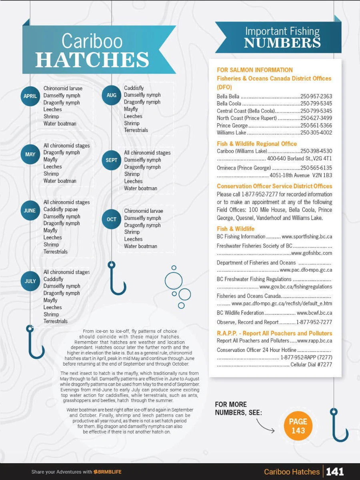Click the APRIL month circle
pos(30,96)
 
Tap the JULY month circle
pos(30,281)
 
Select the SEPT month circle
pos(112,160)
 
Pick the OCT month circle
pos(112,219)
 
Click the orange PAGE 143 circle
pos(298,426)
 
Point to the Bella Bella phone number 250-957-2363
pos(316,96)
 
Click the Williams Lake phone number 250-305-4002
pos(316,132)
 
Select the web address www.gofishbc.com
pos(312,253)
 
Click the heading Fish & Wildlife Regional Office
pos(257,144)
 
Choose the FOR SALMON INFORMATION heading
pos(255,70)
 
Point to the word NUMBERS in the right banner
pos(282,43)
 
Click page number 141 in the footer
pos(335,472)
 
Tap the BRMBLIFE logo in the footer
pos(108,472)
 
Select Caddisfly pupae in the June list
pos(61,209)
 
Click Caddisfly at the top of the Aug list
pos(134,88)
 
